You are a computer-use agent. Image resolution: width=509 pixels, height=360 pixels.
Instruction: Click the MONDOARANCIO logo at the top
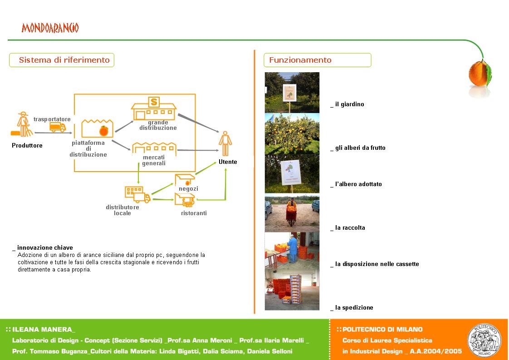50,28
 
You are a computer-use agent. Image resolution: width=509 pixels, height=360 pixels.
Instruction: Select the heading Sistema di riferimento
64,60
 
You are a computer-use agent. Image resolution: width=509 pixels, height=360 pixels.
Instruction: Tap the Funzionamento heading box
317,60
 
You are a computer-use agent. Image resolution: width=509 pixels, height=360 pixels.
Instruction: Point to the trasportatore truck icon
58,128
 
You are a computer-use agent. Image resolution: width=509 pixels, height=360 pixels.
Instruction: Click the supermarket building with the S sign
153,108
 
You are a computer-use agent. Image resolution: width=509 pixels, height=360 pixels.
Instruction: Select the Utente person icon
225,143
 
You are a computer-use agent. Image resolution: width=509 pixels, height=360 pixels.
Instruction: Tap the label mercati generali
154,160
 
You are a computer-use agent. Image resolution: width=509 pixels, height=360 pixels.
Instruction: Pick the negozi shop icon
185,180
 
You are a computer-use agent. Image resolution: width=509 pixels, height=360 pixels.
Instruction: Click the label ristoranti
194,213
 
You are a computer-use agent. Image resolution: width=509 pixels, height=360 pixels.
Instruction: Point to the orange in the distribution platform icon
104,131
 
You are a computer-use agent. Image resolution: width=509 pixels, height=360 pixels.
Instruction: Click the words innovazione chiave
45,247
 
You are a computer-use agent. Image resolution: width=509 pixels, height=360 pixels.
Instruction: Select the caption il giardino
350,104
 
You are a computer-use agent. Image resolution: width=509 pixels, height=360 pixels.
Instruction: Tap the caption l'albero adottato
358,184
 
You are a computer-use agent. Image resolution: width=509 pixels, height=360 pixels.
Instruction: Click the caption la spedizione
354,308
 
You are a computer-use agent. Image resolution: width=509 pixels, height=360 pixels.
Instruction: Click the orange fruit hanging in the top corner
479,74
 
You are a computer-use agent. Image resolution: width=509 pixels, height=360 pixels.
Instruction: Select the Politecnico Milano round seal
484,340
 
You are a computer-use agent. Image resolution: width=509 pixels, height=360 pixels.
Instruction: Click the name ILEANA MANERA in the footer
42,330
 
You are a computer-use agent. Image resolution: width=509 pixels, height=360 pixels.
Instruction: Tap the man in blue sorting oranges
293,249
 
